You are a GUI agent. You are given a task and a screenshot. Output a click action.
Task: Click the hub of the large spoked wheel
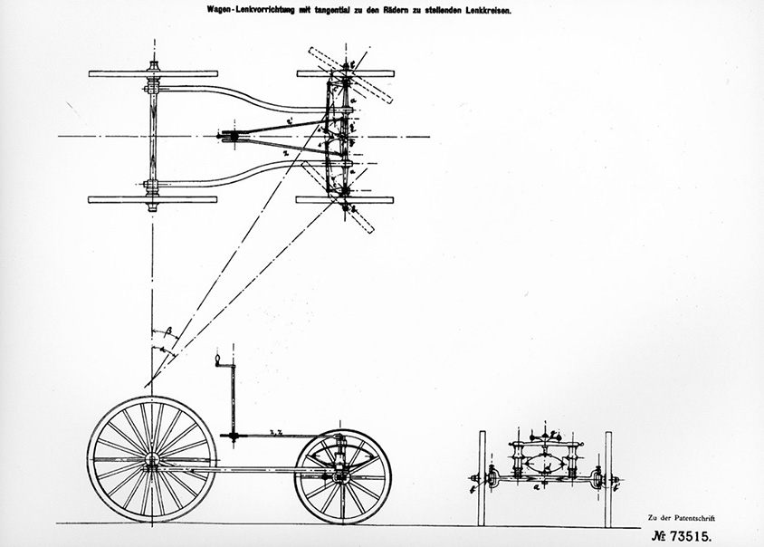(x=151, y=459)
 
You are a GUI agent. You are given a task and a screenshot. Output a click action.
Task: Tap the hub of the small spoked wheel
(x=343, y=475)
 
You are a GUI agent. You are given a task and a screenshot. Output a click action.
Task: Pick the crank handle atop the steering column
(x=217, y=360)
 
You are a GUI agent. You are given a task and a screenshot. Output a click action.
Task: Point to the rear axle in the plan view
(x=152, y=136)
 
